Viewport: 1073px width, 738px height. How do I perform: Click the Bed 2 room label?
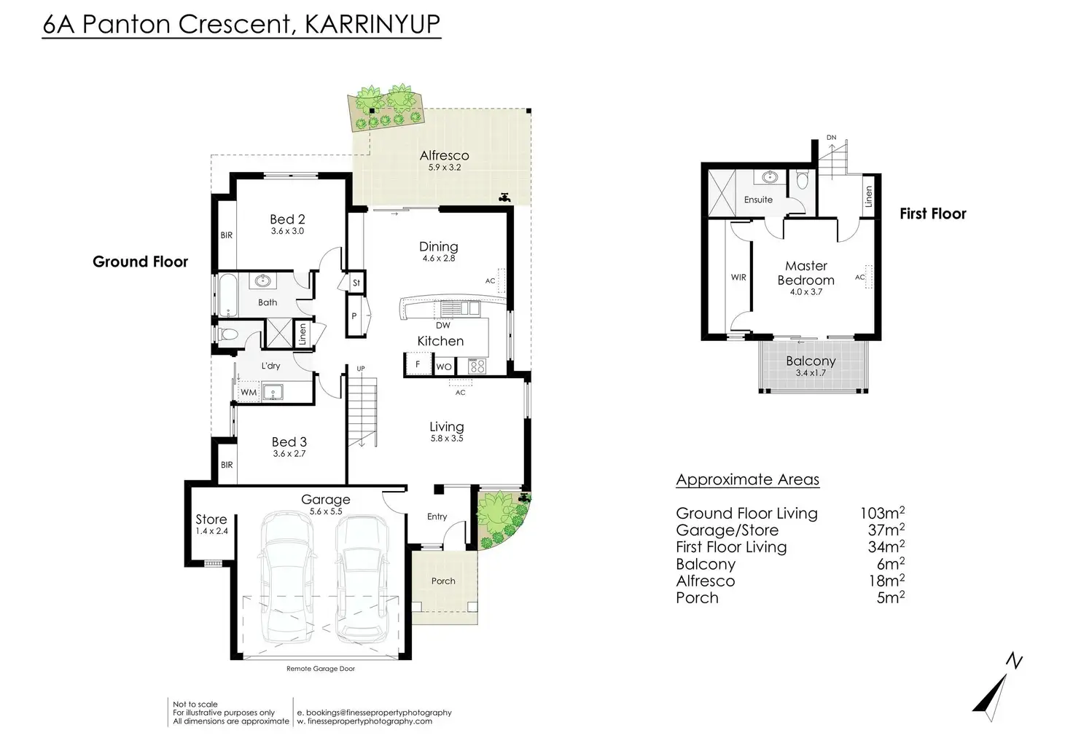(x=287, y=219)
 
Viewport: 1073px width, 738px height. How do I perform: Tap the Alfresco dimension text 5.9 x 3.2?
(x=445, y=168)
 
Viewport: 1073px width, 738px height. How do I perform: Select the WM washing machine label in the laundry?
(x=249, y=393)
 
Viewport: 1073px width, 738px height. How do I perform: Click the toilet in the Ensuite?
(x=802, y=181)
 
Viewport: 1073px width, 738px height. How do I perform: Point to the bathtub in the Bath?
(x=228, y=296)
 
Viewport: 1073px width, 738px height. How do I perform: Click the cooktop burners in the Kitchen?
(x=477, y=366)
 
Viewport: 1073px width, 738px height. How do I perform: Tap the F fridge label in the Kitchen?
(x=418, y=364)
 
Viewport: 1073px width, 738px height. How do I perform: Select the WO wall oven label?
(x=444, y=367)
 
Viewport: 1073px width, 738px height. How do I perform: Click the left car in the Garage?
(x=287, y=578)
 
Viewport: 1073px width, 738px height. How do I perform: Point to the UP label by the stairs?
(x=361, y=369)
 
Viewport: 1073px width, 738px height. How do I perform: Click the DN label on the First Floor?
(x=832, y=138)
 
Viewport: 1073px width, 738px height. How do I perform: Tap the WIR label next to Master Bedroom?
(x=738, y=277)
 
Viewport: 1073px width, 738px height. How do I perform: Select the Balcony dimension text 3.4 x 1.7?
(x=811, y=373)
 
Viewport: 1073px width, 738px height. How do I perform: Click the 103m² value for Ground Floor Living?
(x=882, y=513)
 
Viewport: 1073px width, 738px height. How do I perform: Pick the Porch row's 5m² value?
(x=891, y=597)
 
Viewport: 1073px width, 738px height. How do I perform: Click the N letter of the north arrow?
(x=1014, y=661)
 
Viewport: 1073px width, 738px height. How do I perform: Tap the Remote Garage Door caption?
(x=321, y=669)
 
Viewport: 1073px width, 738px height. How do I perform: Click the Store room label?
(x=211, y=519)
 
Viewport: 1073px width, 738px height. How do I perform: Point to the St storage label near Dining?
(x=356, y=283)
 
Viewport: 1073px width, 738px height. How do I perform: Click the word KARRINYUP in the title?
(x=372, y=24)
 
